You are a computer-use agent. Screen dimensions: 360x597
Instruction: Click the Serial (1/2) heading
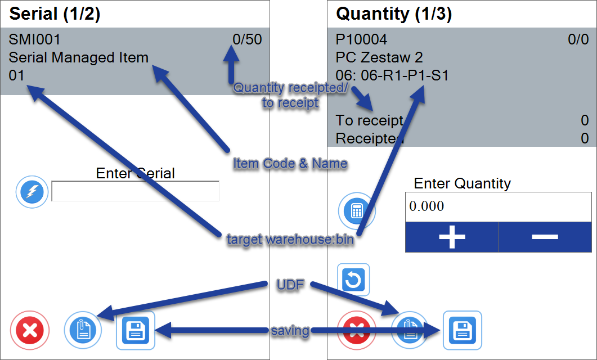(x=55, y=14)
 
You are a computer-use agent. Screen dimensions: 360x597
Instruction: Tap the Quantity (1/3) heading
(x=394, y=14)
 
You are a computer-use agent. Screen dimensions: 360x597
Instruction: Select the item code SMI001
(x=34, y=39)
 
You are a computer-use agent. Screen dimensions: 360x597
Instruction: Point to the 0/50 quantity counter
(x=247, y=39)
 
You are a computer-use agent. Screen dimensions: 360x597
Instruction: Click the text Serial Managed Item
(x=78, y=57)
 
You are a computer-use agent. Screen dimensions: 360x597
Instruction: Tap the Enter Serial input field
(x=135, y=191)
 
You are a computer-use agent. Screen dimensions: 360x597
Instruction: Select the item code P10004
(x=361, y=39)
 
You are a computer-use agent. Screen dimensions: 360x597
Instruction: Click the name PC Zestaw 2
(x=379, y=57)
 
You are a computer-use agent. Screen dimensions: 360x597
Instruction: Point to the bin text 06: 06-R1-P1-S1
(x=392, y=75)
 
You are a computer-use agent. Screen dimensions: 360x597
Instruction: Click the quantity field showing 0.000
(x=498, y=206)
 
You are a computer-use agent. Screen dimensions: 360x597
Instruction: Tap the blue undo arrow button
(x=353, y=280)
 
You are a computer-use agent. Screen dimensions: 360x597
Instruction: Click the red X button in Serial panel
(x=30, y=330)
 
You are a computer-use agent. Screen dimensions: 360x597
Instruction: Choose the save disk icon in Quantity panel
(x=463, y=330)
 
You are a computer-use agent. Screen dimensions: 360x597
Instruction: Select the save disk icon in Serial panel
(x=135, y=330)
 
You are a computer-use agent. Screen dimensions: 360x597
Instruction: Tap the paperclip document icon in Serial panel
(x=83, y=330)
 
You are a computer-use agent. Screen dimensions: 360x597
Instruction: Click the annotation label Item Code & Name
(x=290, y=164)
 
